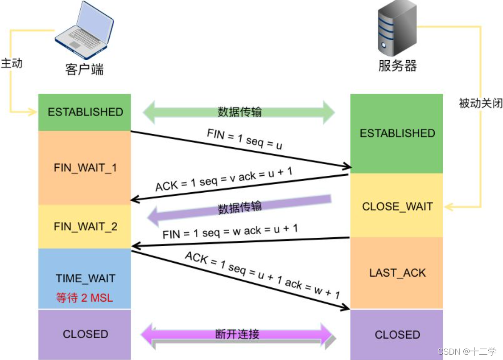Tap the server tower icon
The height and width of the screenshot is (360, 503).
397,28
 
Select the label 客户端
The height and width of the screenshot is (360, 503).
84,70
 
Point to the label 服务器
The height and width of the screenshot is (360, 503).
397,66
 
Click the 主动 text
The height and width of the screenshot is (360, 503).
12,63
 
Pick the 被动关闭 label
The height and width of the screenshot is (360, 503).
481,103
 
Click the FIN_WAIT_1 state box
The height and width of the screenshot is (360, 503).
85,167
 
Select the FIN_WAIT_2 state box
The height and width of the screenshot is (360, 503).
85,227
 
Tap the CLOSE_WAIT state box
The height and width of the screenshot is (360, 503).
396,205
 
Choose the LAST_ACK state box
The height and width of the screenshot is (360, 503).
396,273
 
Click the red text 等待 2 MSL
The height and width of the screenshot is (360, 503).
84,298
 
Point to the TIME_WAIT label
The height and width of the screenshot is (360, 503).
85,278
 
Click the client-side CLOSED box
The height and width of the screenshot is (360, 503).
85,334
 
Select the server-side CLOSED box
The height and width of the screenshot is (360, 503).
396,335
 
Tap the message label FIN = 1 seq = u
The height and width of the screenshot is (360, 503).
244,139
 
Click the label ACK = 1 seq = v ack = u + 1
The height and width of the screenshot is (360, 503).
224,179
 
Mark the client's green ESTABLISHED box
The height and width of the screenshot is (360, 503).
85,112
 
